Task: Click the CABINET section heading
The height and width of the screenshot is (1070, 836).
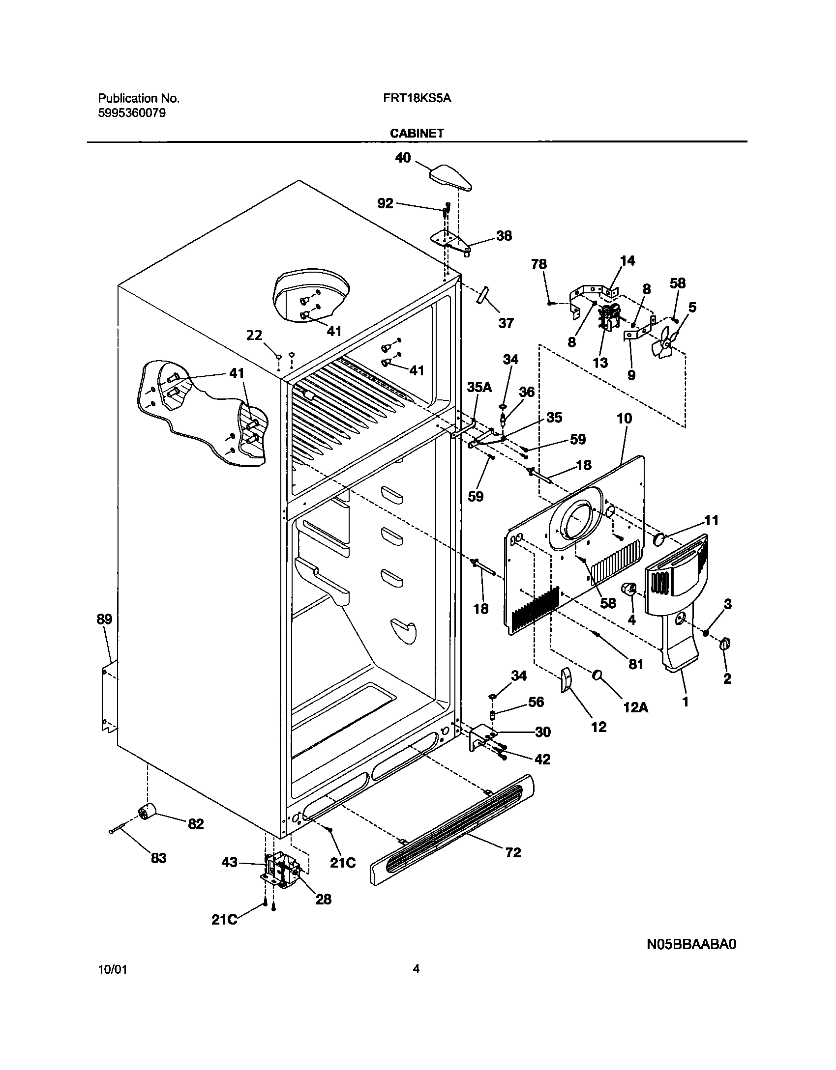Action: point(417,133)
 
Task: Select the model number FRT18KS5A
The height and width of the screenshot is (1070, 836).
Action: point(417,98)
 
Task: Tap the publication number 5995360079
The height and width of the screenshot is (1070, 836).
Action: point(132,113)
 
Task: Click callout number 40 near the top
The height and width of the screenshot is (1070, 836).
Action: point(403,158)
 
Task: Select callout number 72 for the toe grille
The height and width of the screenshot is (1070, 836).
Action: point(513,852)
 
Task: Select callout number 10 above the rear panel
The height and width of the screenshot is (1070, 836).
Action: point(624,419)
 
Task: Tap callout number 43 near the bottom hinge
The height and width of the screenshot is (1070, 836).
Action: point(230,862)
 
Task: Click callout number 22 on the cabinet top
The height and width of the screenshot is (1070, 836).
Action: point(254,336)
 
